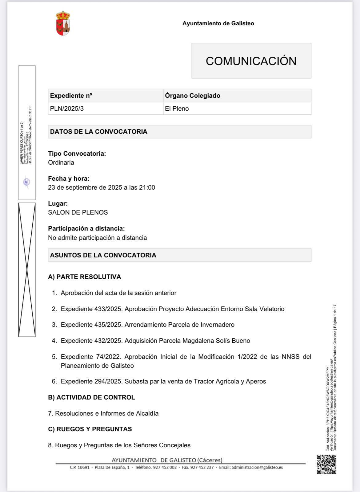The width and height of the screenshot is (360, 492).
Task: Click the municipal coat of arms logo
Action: [x=63, y=23]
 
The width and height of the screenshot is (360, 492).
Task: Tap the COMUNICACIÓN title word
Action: [x=251, y=61]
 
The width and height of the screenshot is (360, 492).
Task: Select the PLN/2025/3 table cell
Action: [x=67, y=109]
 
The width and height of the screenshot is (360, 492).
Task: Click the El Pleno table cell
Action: [x=177, y=109]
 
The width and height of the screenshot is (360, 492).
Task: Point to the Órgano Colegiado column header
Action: [x=193, y=96]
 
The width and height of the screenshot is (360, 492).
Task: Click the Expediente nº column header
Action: [x=71, y=96]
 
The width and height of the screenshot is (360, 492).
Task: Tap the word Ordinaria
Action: [x=61, y=162]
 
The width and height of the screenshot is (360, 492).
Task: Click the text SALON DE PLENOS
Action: [x=78, y=212]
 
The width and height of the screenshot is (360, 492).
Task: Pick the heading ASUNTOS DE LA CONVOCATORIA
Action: [x=103, y=255]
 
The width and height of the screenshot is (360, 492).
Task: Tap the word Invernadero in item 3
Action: [x=218, y=325]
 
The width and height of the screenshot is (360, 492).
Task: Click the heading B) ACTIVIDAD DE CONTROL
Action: [x=91, y=397]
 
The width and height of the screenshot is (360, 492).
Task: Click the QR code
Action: [x=326, y=464]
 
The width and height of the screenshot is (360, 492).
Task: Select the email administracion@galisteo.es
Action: [x=257, y=467]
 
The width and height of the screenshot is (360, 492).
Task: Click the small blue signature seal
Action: [x=27, y=182]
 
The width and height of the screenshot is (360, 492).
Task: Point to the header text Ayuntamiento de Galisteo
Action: [x=218, y=23]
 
